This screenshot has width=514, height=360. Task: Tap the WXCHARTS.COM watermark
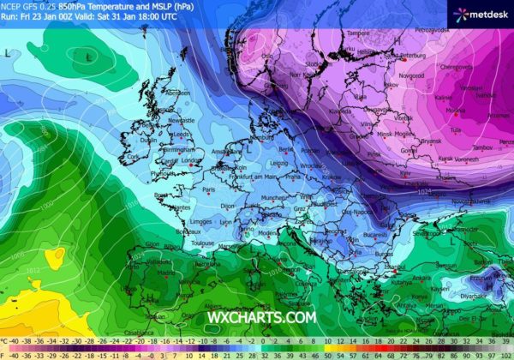point(261,317)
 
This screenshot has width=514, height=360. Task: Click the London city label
point(192,159)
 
